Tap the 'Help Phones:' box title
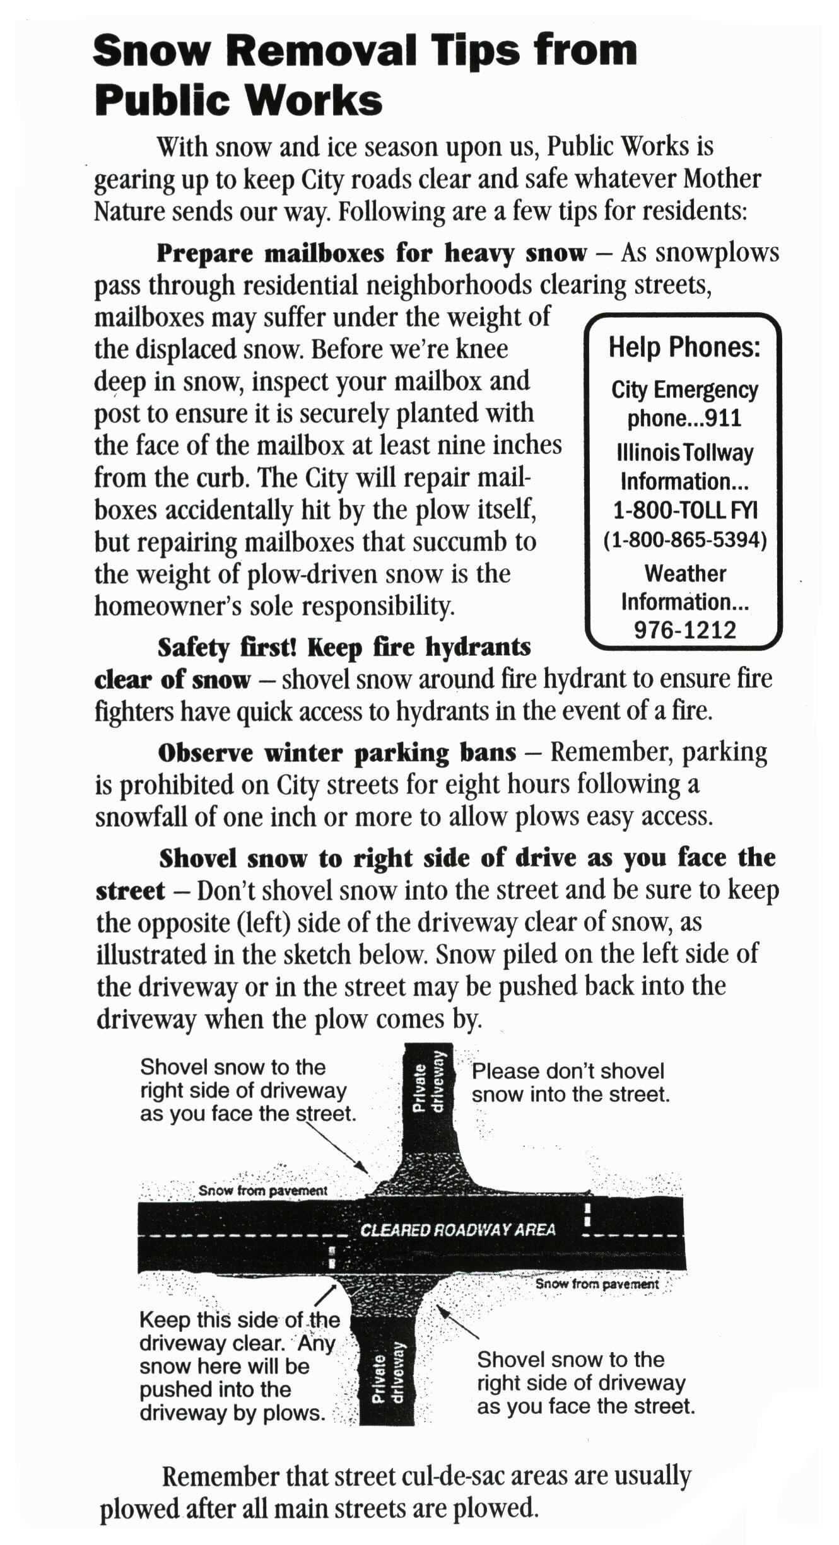(684, 347)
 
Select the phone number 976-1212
(685, 629)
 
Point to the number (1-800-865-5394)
(685, 541)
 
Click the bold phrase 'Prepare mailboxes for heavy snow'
(372, 254)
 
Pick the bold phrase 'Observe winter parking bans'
(337, 753)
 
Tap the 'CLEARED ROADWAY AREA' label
(457, 1230)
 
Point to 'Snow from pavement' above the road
(262, 1191)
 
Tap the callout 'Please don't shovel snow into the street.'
(570, 1082)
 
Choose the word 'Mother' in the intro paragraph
(722, 179)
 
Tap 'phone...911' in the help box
(684, 419)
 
